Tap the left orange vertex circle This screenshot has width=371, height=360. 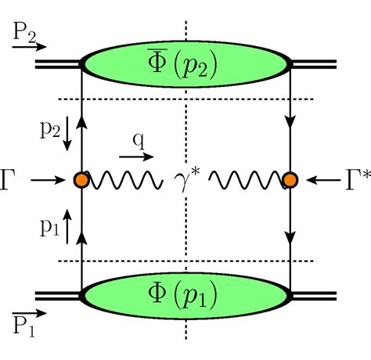pos(81,180)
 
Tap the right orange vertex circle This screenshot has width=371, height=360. pos(290,180)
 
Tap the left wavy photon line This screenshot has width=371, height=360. pos(125,181)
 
